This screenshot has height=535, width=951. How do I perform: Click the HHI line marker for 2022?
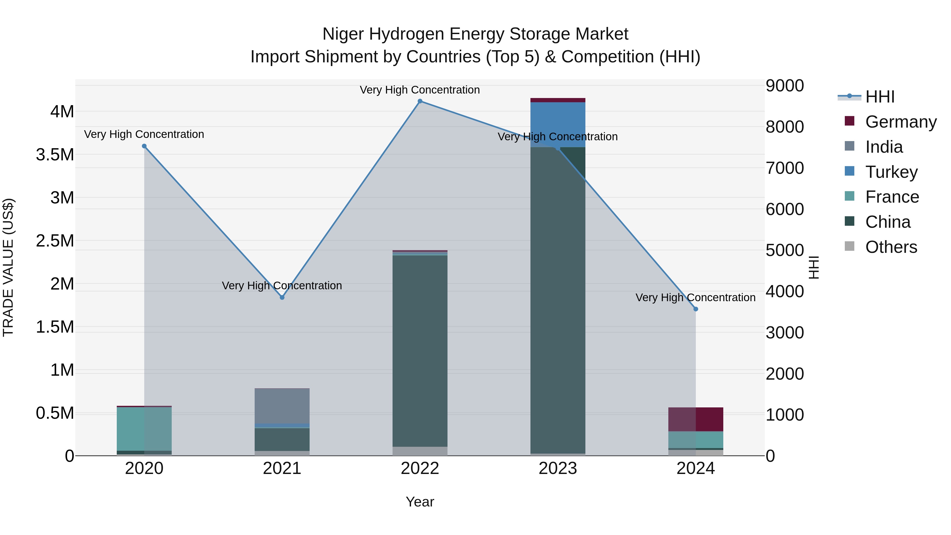click(x=420, y=101)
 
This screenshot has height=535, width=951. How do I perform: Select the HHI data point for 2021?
click(x=282, y=297)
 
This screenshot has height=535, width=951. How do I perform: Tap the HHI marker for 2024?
click(x=696, y=309)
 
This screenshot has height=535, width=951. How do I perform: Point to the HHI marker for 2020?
click(x=144, y=146)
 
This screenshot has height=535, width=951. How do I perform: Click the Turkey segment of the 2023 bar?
click(x=558, y=124)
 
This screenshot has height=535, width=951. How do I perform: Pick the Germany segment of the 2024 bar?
click(x=696, y=419)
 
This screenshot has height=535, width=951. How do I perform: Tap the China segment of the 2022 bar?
click(x=420, y=351)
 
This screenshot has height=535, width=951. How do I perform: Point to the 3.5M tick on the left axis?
click(x=55, y=155)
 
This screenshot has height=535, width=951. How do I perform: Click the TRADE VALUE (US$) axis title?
click(x=8, y=267)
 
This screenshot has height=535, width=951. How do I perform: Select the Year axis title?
click(x=420, y=502)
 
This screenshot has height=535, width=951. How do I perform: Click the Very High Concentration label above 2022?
click(x=420, y=90)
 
